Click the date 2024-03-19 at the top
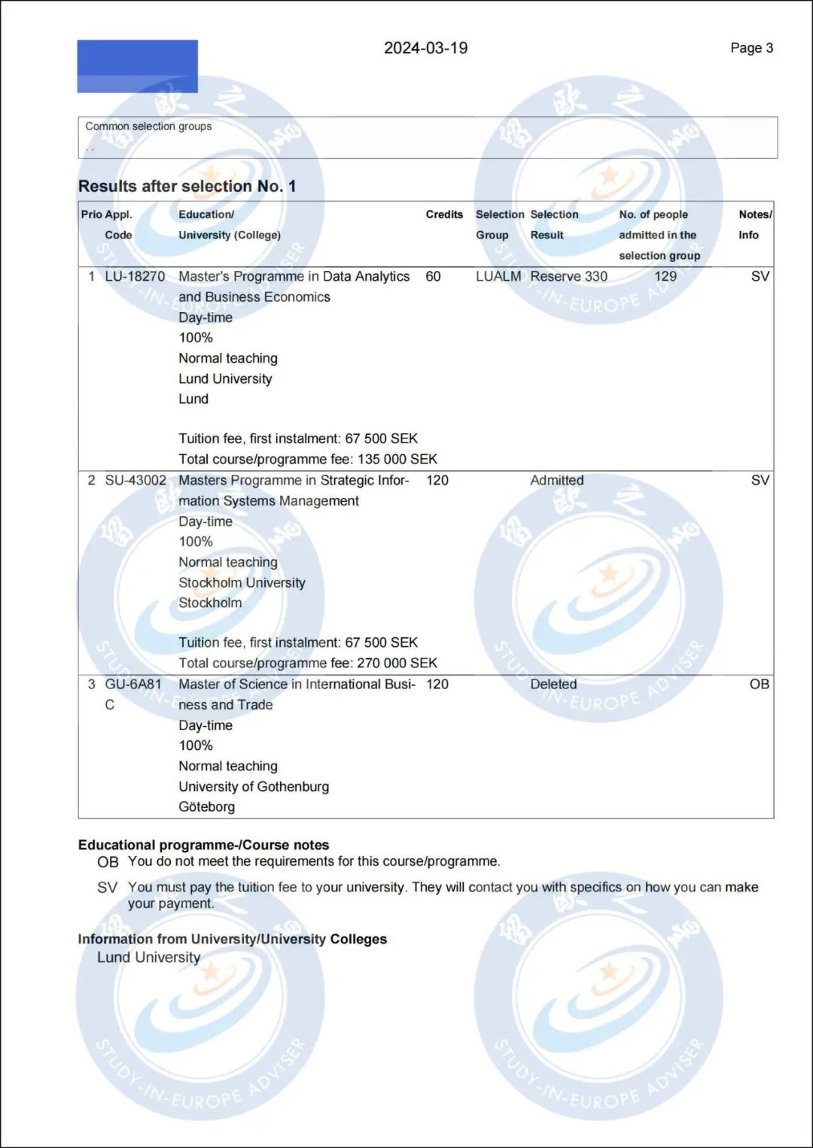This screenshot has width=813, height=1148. coord(425,48)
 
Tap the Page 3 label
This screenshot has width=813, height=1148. coord(751,48)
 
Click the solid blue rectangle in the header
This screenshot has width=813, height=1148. coord(137,66)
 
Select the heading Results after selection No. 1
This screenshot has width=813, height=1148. coord(187,186)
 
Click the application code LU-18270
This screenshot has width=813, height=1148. coord(135,276)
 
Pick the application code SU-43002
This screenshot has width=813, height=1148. coord(135,480)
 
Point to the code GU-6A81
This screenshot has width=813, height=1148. coord(133,684)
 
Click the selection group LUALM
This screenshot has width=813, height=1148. coord(498,276)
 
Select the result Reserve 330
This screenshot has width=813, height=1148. coord(568,276)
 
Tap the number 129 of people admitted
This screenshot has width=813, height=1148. coord(665,276)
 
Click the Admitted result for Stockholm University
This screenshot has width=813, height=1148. coord(556,480)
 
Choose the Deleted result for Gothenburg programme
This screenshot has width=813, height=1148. coord(553,684)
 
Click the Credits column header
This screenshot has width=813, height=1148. coord(444,214)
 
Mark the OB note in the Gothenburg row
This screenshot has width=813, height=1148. coord(759,684)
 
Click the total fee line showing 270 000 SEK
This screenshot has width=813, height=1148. coord(308,663)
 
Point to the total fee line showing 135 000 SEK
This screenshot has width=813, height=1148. coord(308,459)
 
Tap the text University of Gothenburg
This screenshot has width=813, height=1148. coord(254,786)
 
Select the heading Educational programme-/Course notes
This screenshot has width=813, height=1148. coord(203,845)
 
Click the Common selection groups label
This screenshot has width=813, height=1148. coord(148,126)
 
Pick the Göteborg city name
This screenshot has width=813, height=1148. coord(206,806)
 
